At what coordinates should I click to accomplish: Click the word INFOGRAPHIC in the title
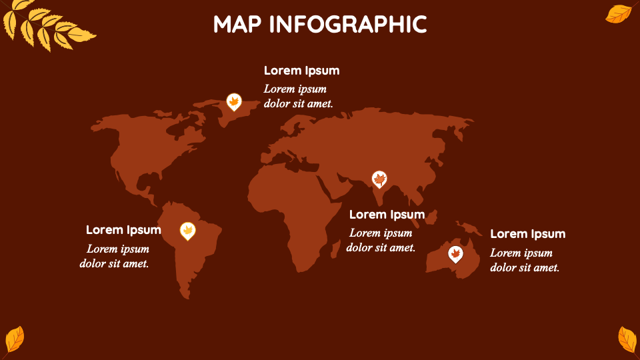coord(348,25)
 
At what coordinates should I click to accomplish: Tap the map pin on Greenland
coord(233,102)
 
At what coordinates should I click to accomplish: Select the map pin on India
coord(379,179)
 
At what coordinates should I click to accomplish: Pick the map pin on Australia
coord(455,254)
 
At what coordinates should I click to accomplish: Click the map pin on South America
coord(188,231)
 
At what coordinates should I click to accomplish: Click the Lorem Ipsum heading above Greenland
coord(301,71)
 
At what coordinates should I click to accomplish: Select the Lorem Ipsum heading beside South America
coord(123,230)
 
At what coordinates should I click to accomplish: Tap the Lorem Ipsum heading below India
coord(387,215)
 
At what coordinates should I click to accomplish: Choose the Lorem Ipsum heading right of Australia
coord(527,234)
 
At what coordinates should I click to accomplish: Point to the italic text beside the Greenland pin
coord(298,96)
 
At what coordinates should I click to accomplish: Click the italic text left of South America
coord(115,256)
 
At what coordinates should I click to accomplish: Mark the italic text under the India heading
coord(381,240)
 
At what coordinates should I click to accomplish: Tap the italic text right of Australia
coord(525,260)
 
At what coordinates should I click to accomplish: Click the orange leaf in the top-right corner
coord(618,13)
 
